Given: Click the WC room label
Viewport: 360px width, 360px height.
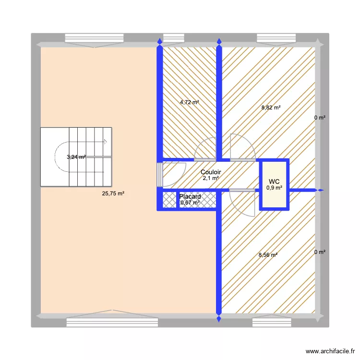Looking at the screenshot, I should coord(274,181).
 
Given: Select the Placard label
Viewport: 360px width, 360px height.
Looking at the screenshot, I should coord(190,196).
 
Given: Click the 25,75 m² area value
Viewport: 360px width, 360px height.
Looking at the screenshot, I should coord(113,194).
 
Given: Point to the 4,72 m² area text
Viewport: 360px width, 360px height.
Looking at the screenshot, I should coord(189,102).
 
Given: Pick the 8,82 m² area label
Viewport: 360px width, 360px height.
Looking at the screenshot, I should coord(271,108).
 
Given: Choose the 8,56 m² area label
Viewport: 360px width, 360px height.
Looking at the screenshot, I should coord(268,255).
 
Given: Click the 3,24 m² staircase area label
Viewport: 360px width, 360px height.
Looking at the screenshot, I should coord(76,156).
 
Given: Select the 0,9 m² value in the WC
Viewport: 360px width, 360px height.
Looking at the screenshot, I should coord(274,188).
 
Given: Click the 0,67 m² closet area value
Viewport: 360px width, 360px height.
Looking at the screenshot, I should coord(190,203).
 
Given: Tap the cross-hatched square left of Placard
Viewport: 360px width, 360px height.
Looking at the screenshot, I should coord(170,200).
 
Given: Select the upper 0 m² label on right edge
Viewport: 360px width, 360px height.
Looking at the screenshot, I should coord(320,118).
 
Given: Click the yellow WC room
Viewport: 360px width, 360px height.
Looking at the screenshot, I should coord(274,197).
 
